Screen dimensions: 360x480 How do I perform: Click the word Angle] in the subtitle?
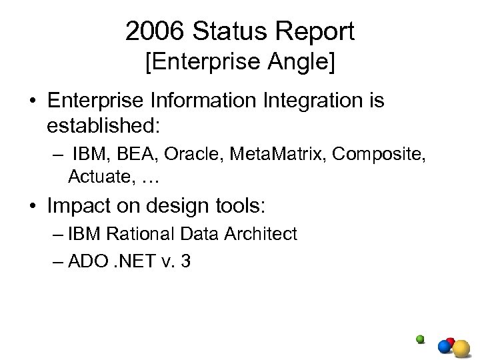pos(304,65)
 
